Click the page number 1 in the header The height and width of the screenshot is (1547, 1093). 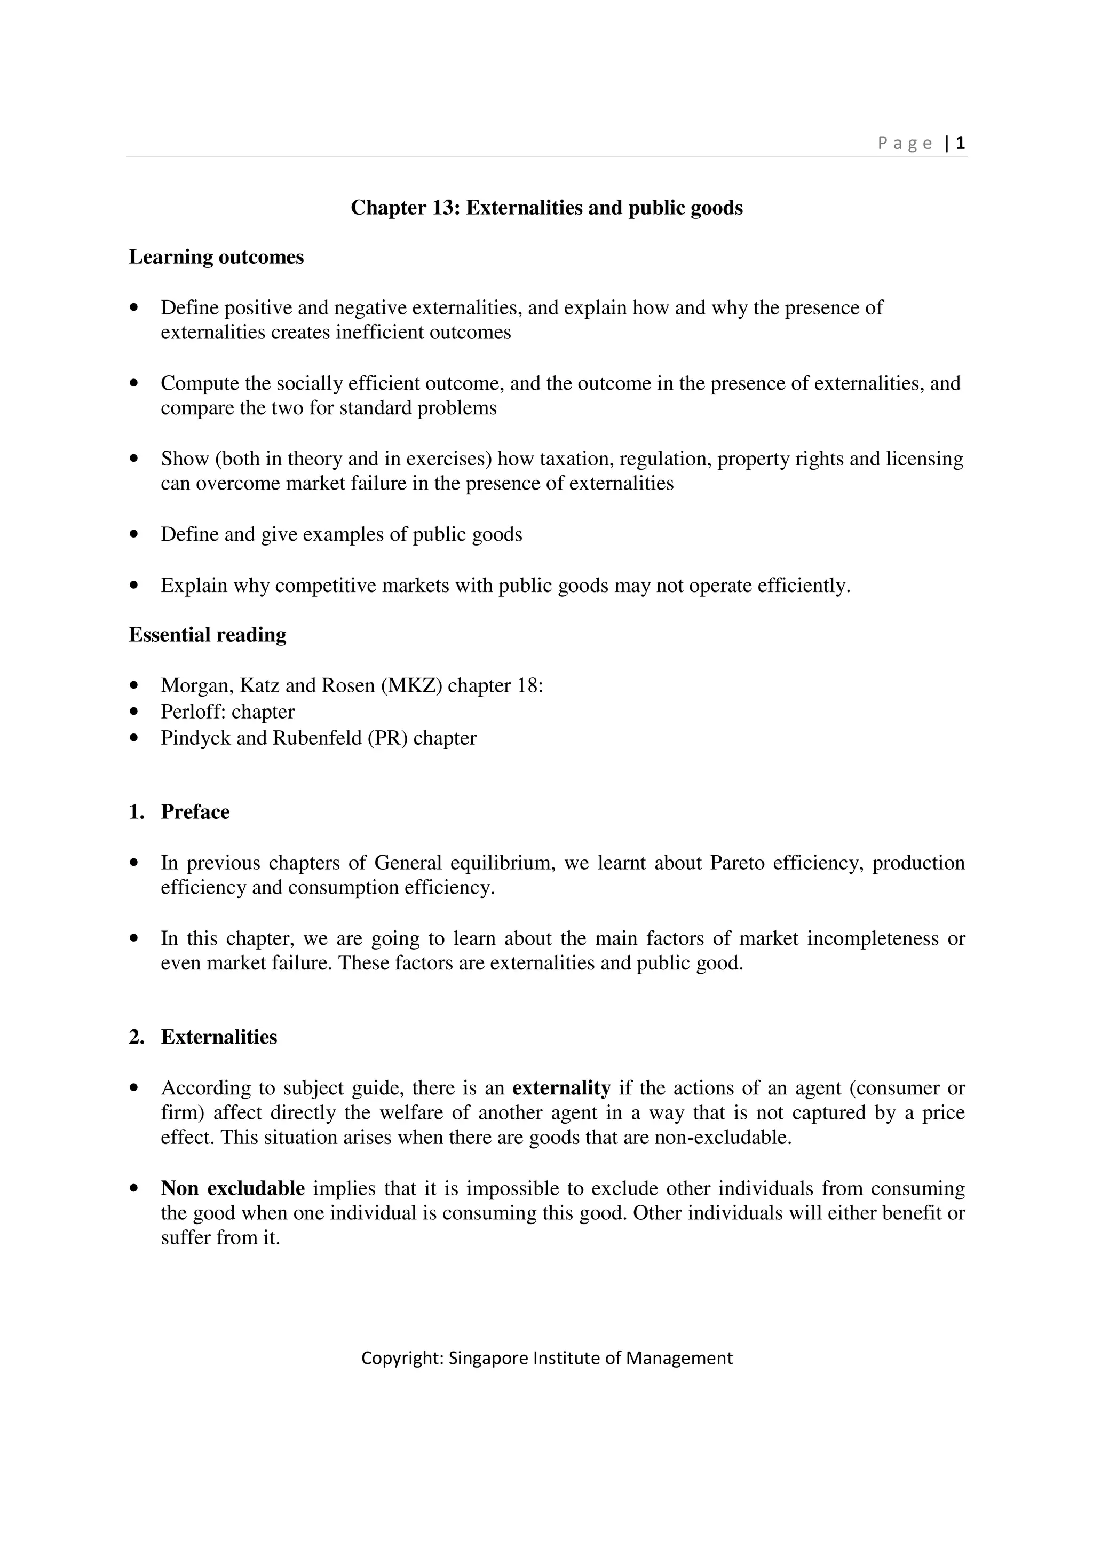point(960,143)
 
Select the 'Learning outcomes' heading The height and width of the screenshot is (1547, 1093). point(216,257)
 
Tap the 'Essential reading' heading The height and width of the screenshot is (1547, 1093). point(208,635)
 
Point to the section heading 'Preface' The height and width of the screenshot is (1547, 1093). point(195,812)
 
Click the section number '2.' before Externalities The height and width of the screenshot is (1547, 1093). point(136,1037)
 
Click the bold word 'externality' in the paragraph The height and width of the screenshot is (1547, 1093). point(561,1088)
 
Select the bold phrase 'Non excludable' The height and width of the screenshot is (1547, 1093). point(232,1189)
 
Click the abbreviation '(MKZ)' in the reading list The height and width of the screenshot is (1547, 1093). point(411,686)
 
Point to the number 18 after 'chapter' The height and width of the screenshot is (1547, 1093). point(527,686)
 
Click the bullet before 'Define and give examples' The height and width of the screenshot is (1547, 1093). point(134,534)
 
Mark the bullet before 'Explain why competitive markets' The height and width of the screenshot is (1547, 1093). point(134,586)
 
